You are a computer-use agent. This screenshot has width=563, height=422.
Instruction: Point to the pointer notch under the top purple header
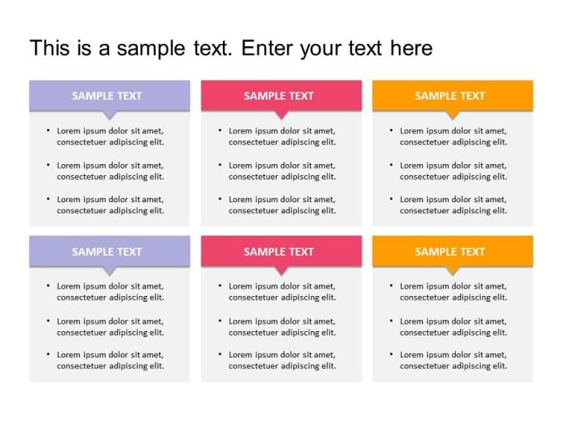(x=109, y=115)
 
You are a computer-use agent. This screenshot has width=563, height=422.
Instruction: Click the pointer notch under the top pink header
(x=281, y=115)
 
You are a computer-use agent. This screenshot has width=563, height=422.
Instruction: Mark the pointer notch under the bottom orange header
(x=452, y=270)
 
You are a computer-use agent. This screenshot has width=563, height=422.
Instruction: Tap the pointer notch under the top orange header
(x=452, y=115)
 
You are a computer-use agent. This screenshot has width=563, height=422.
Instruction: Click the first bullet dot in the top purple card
(x=48, y=130)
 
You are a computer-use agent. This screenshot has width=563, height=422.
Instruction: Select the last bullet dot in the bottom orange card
(x=391, y=355)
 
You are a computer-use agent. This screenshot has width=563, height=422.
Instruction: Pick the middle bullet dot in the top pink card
(x=220, y=165)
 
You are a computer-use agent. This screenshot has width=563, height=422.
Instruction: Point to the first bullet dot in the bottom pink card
(x=220, y=286)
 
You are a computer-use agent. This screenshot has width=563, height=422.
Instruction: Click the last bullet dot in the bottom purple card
(x=48, y=355)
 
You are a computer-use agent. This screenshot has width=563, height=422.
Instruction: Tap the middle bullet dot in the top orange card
(x=391, y=165)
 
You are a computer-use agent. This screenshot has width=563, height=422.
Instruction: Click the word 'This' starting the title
(x=49, y=48)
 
